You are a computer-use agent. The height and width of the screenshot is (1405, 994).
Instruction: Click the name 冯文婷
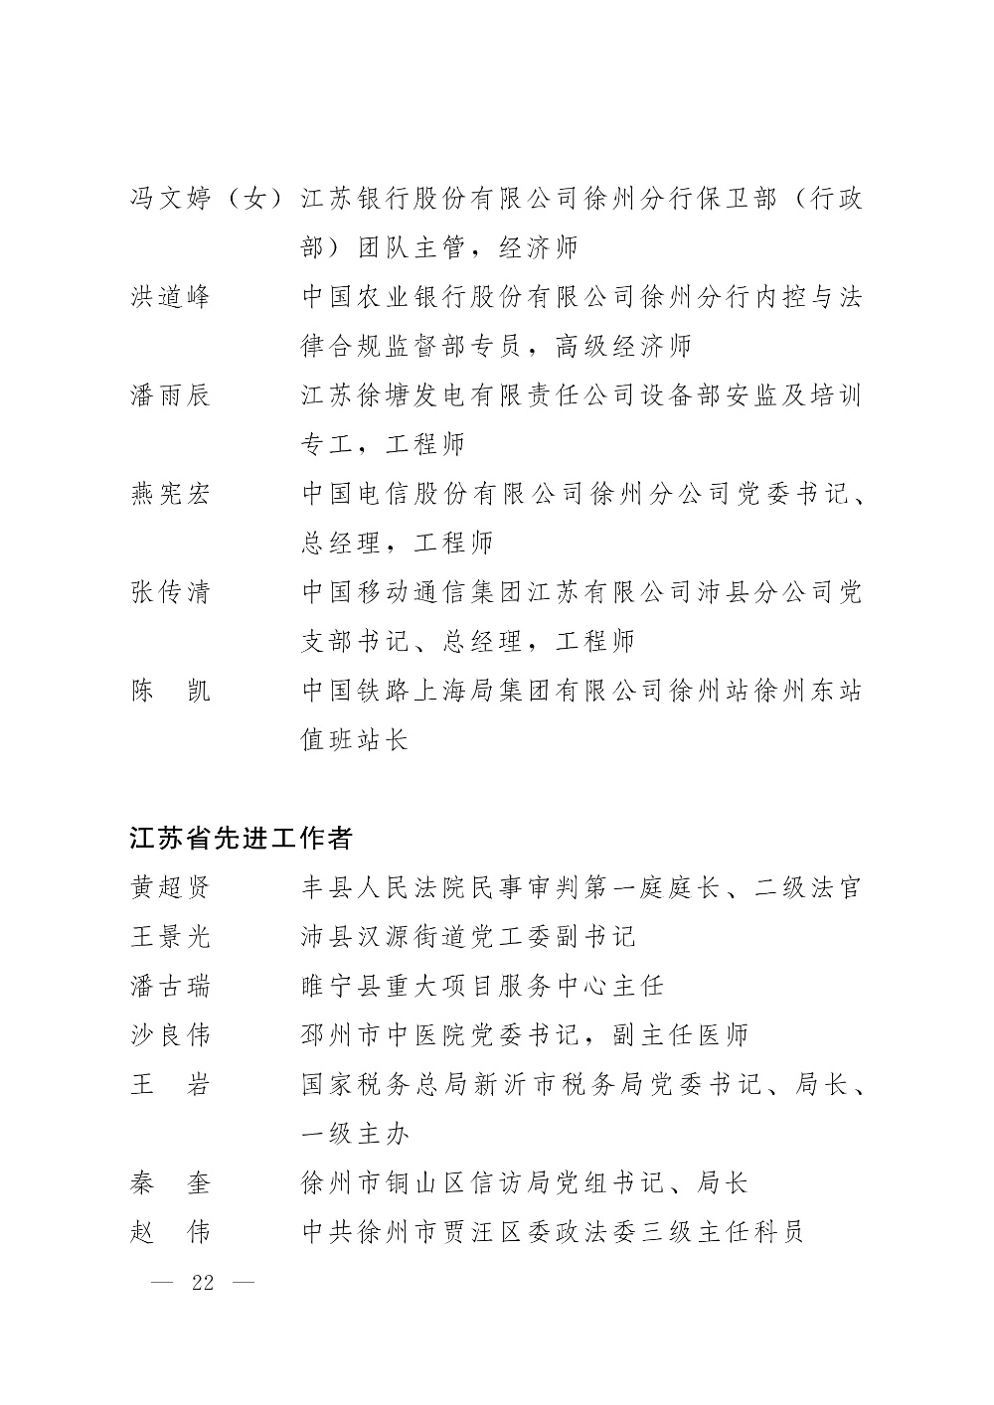point(170,199)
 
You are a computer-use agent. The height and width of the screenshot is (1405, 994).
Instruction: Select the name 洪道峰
point(170,297)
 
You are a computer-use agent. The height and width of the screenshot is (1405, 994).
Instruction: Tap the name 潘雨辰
point(170,395)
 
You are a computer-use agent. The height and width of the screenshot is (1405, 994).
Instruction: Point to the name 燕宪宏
point(170,494)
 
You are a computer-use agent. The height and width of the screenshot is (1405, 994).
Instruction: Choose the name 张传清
point(170,592)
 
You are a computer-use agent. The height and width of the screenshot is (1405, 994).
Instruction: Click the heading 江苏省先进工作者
point(241,838)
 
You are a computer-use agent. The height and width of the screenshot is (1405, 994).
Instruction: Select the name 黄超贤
point(170,887)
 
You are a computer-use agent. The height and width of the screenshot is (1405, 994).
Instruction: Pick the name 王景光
point(170,936)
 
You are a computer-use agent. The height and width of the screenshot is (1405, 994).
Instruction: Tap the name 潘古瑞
point(170,986)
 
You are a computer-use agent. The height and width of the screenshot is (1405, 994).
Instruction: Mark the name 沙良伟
point(170,1035)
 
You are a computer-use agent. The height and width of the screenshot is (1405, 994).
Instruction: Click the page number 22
point(203,1282)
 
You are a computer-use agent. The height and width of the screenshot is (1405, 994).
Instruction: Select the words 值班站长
point(354,740)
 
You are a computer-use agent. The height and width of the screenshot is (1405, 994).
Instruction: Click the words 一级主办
point(354,1134)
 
